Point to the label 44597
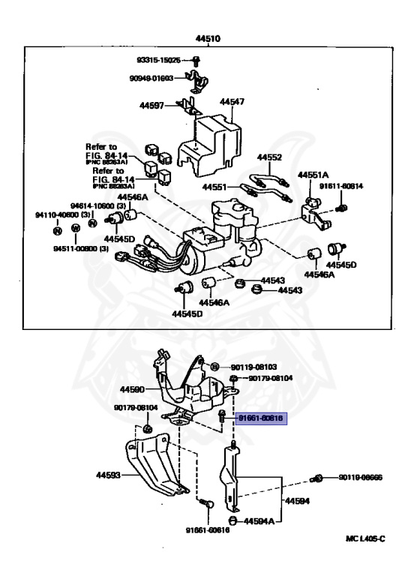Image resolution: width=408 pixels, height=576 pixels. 152,106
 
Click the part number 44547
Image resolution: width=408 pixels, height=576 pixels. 232,100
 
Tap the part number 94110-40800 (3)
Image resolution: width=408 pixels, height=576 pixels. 55,214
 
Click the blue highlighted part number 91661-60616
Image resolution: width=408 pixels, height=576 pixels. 259,420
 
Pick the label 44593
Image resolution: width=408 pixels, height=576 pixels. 107,475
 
